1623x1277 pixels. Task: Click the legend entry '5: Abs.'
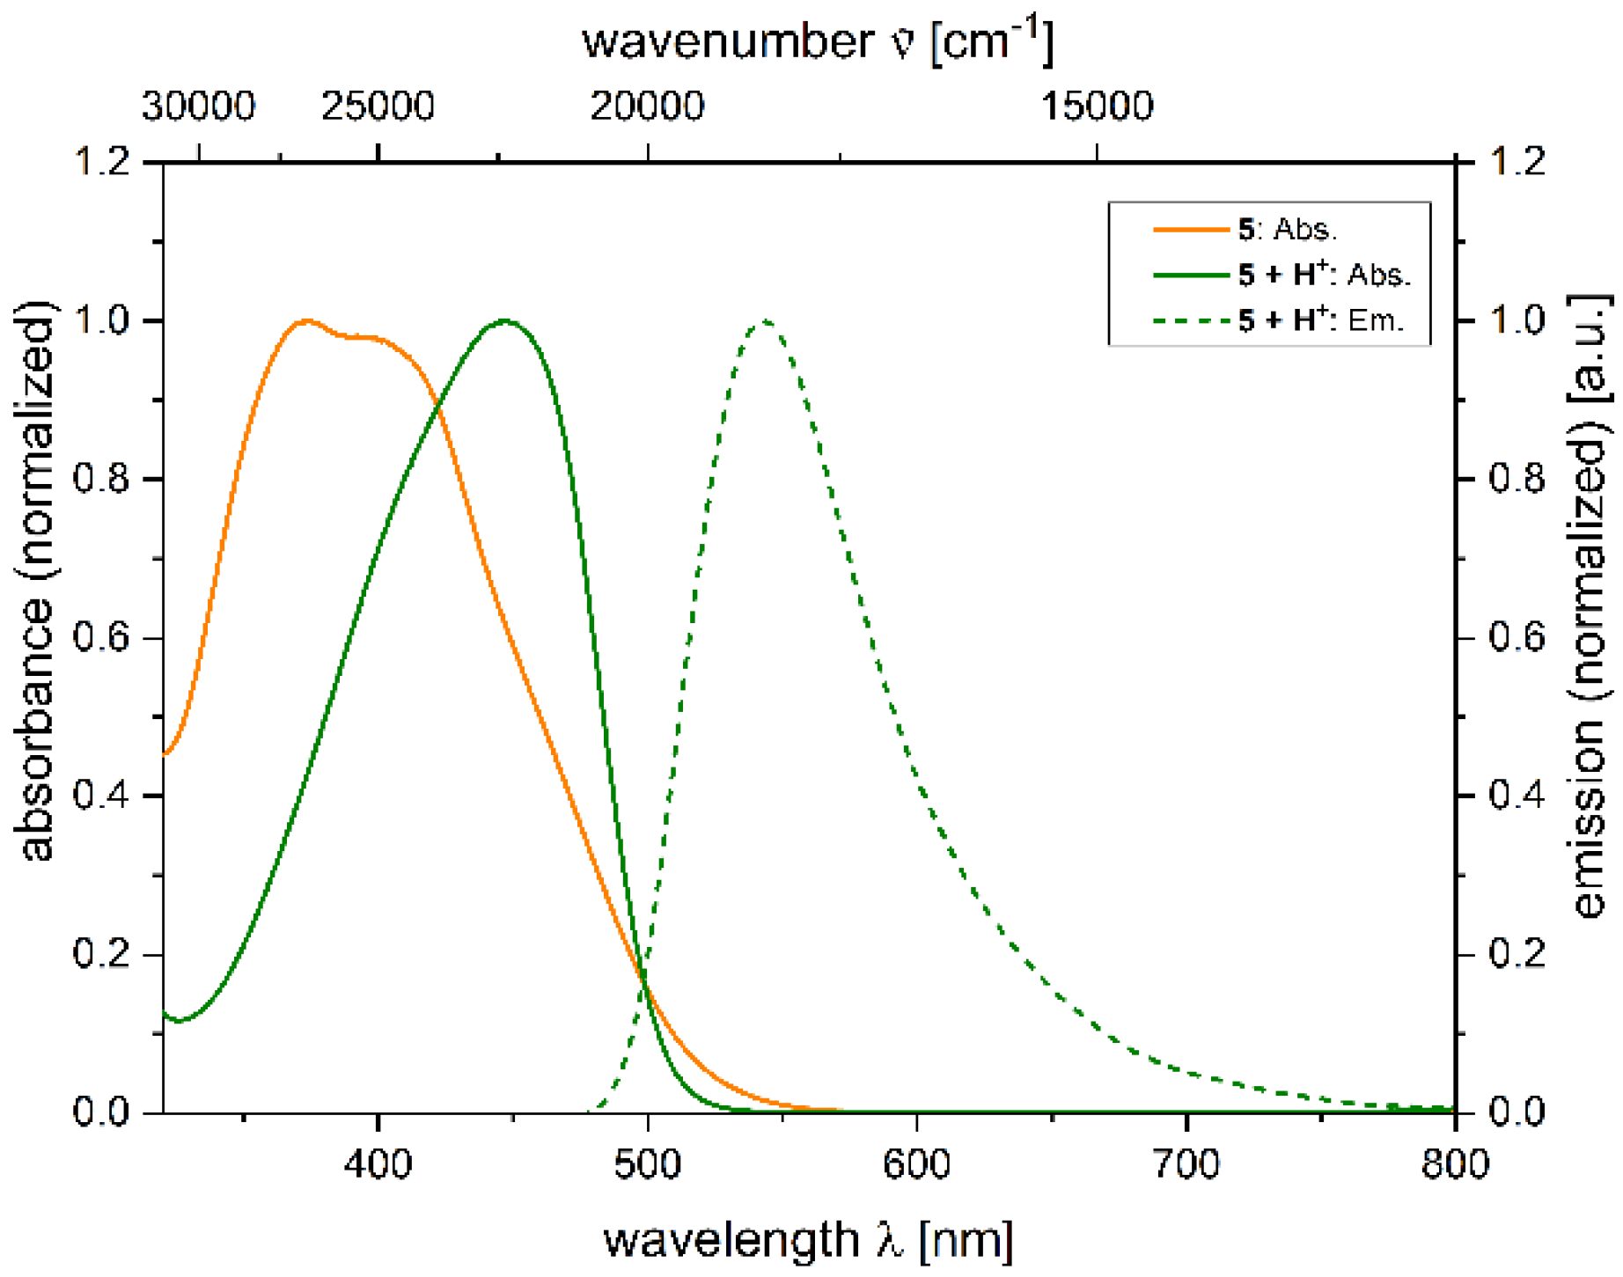(x=1287, y=230)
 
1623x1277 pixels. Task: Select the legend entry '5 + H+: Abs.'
(x=1324, y=275)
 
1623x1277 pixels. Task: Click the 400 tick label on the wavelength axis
(x=378, y=1164)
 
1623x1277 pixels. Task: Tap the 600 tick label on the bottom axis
(x=916, y=1164)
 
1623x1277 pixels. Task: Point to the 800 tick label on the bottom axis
(x=1455, y=1164)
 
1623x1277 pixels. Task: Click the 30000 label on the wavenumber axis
(x=198, y=106)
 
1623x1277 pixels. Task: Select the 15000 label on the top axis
(x=1097, y=106)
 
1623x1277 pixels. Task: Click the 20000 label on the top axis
(x=647, y=106)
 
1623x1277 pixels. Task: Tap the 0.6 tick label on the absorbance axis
(x=101, y=637)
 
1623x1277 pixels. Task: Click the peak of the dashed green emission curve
(x=765, y=321)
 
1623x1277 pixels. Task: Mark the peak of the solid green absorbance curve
(x=504, y=320)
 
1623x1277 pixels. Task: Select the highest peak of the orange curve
(x=306, y=321)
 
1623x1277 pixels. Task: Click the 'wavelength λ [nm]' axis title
(x=808, y=1239)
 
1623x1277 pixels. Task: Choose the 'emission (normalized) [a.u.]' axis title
(x=1591, y=607)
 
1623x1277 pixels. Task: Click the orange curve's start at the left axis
(x=165, y=754)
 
